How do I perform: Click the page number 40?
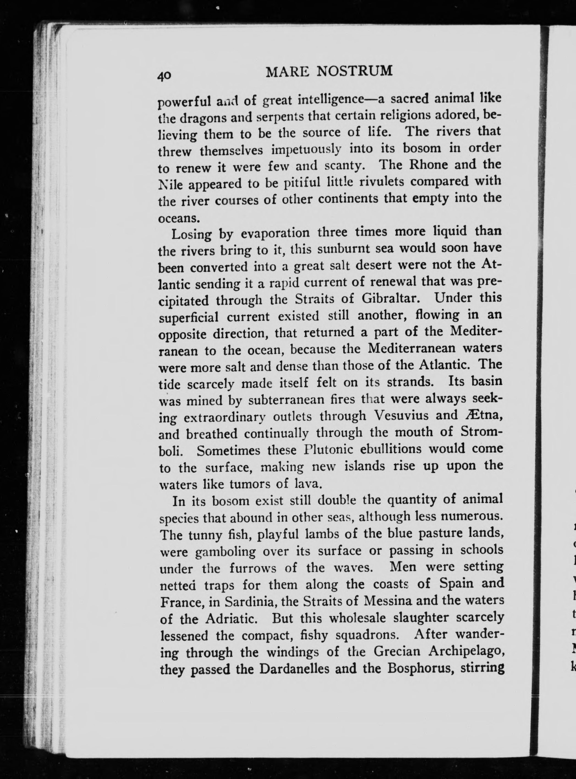click(x=164, y=76)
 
